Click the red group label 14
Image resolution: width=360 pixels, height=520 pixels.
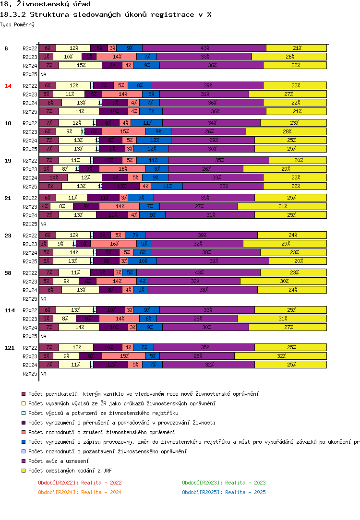pyautogui.click(x=8, y=86)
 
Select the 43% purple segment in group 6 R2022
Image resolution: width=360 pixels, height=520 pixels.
pyautogui.click(x=204, y=48)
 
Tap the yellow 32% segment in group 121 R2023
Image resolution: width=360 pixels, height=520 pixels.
pyautogui.click(x=280, y=356)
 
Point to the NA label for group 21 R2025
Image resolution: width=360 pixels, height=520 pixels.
pyautogui.click(x=43, y=224)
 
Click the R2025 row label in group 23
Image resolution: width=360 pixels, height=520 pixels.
pyautogui.click(x=30, y=261)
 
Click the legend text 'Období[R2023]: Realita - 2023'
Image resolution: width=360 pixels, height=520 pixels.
pyautogui.click(x=224, y=483)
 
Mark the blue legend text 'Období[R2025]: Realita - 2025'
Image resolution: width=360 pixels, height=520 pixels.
pyautogui.click(x=224, y=492)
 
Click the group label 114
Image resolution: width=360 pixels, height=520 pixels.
pyautogui.click(x=10, y=310)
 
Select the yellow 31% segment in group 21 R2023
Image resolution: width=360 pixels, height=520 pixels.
pyautogui.click(x=282, y=206)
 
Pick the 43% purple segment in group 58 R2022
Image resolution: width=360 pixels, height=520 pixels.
pyautogui.click(x=198, y=272)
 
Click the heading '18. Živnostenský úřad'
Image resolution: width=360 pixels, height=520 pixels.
pyautogui.click(x=45, y=4)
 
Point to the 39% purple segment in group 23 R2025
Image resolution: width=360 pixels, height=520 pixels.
pyautogui.click(x=213, y=261)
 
